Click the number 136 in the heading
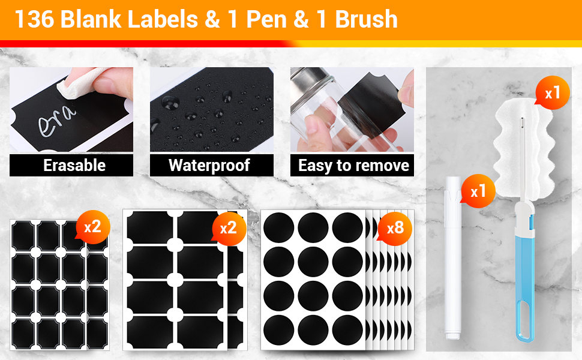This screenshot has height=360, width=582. (x=34, y=19)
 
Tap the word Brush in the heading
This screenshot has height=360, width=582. (x=366, y=19)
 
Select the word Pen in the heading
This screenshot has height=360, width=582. (x=266, y=19)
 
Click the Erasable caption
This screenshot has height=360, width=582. (x=74, y=165)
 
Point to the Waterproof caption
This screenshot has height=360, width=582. (x=209, y=166)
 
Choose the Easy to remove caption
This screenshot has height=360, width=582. (x=353, y=166)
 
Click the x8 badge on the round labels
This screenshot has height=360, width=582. (x=395, y=228)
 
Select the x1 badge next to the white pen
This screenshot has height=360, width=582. (x=478, y=191)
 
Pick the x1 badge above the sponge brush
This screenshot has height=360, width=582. (x=553, y=93)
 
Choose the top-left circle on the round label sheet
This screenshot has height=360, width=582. (x=279, y=228)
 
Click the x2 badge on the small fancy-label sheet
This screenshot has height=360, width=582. (x=92, y=227)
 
